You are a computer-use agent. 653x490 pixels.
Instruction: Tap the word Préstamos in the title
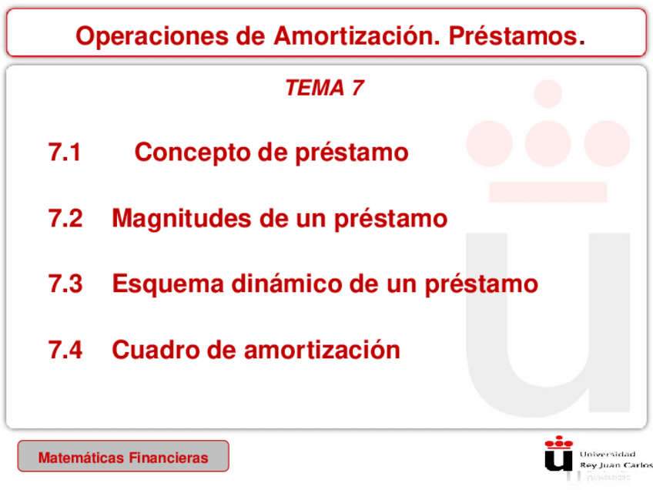point(516,35)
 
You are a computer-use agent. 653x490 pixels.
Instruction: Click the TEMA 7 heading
point(323,89)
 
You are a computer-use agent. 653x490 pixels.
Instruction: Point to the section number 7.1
point(65,153)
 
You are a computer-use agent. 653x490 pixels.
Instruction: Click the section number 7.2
point(65,219)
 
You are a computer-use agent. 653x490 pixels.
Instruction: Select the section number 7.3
point(65,284)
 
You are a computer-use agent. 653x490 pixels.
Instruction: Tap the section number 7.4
point(65,351)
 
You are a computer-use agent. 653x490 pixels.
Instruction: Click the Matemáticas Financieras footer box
point(123,457)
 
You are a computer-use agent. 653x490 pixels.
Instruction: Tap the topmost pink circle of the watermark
point(548,93)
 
